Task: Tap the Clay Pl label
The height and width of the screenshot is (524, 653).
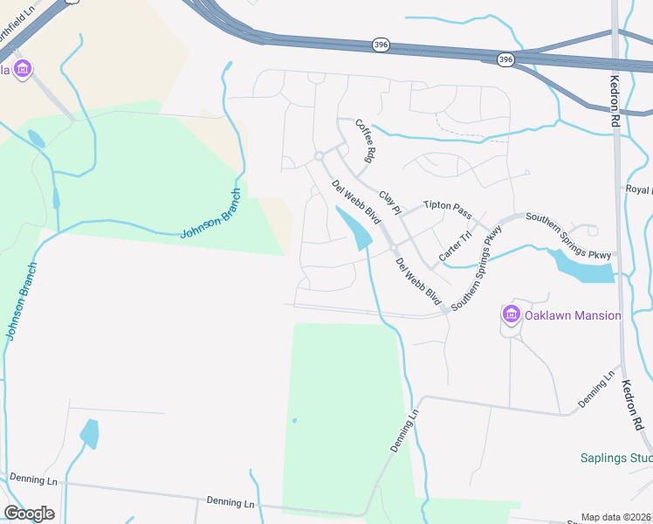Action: (389, 203)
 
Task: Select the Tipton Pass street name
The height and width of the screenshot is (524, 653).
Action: (447, 210)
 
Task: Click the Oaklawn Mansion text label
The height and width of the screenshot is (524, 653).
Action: (573, 315)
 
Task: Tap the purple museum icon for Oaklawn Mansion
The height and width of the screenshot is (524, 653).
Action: (511, 314)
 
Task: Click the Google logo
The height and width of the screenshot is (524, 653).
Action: (29, 514)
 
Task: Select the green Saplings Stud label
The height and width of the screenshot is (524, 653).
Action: (616, 458)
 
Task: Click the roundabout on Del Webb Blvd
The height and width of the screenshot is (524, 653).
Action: (320, 156)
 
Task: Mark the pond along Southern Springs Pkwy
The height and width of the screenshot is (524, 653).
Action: (582, 265)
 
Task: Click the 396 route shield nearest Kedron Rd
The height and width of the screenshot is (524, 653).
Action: (505, 59)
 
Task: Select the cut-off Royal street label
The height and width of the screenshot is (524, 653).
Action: (639, 189)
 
